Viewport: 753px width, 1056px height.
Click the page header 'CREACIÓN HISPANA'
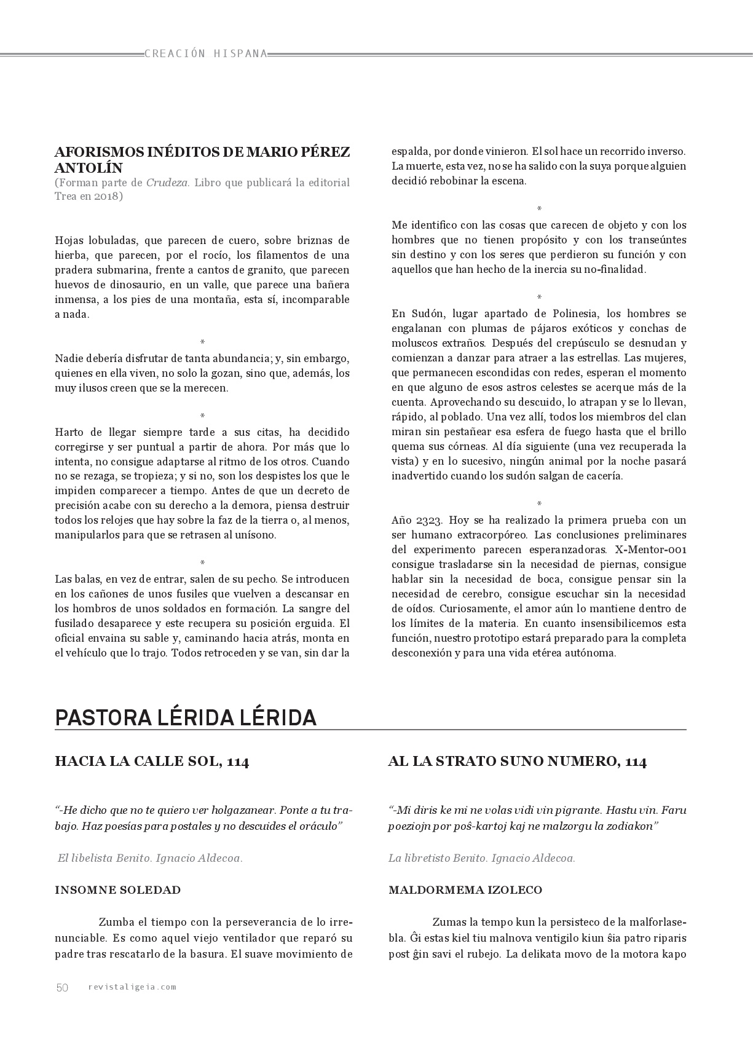pos(206,53)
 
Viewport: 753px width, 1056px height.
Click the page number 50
pos(62,987)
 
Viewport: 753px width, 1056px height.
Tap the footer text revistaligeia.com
pos(132,987)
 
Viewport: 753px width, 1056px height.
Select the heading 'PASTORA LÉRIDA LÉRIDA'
pos(186,717)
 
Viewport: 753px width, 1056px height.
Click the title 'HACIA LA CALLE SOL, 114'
pos(152,762)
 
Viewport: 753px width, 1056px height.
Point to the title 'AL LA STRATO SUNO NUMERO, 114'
pos(517,762)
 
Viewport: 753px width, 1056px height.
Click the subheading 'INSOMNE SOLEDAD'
pos(118,889)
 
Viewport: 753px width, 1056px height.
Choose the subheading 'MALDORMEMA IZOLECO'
pos(465,889)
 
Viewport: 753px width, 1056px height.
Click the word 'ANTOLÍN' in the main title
pos(89,168)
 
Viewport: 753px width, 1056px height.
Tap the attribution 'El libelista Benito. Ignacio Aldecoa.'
pos(149,858)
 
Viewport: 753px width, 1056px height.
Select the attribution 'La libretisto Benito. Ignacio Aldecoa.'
pos(482,858)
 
